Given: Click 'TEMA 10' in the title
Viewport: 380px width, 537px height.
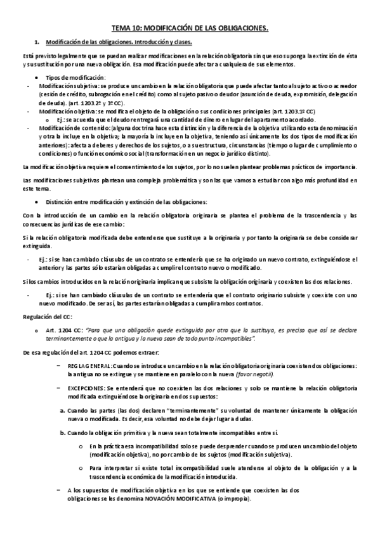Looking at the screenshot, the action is [127, 28].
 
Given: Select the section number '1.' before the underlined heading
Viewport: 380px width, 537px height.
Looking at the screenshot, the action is [37, 42].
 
